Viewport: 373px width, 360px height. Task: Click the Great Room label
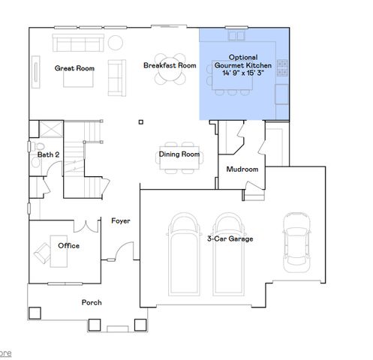pyautogui.click(x=74, y=68)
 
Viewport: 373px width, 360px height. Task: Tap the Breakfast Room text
pyautogui.click(x=170, y=65)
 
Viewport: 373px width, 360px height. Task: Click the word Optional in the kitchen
pyautogui.click(x=242, y=57)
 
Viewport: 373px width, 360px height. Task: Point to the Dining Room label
pyautogui.click(x=179, y=154)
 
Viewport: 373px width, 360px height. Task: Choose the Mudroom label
pyautogui.click(x=242, y=169)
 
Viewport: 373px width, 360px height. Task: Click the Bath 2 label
pyautogui.click(x=49, y=154)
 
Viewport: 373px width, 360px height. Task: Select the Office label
pyautogui.click(x=69, y=245)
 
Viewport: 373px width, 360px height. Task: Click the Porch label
pyautogui.click(x=92, y=303)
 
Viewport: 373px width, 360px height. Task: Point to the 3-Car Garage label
pyautogui.click(x=230, y=238)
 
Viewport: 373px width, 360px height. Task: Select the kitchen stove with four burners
pyautogui.click(x=283, y=67)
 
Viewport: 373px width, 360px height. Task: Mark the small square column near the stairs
pyautogui.click(x=140, y=121)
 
